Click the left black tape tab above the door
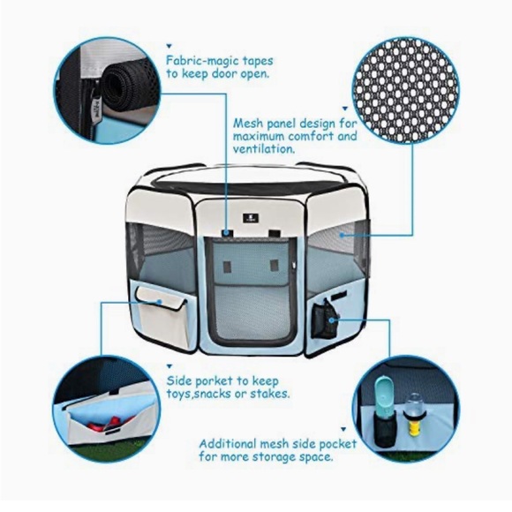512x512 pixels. coord(227,235)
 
